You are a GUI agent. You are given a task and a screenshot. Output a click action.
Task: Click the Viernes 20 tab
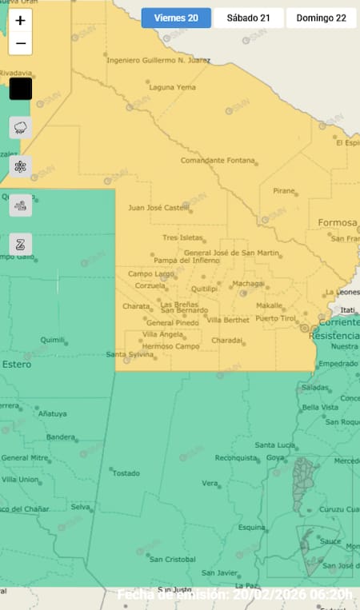pos(176,18)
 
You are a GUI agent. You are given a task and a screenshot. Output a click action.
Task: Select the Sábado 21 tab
pos(248,18)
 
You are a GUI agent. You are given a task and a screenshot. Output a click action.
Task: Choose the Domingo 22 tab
pos(321,18)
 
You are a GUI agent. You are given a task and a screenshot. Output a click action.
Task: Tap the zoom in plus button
pos(20,21)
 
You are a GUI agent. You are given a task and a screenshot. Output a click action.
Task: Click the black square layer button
pos(20,89)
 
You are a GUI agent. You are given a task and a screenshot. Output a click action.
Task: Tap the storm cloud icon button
pos(20,127)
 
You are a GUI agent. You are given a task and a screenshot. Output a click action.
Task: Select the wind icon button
pos(20,205)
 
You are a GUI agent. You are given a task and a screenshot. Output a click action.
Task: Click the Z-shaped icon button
pos(20,244)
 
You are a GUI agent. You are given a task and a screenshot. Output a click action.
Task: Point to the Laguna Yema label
pos(172,87)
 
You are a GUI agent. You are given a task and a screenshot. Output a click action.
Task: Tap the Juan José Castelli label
pos(159,208)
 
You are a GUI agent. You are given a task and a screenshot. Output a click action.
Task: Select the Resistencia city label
pos(334,337)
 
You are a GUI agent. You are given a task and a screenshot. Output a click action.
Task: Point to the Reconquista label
pos(236,458)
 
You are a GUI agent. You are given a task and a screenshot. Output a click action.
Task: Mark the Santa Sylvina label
pos(130,354)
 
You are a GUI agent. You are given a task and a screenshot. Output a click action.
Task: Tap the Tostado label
pos(126,472)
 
